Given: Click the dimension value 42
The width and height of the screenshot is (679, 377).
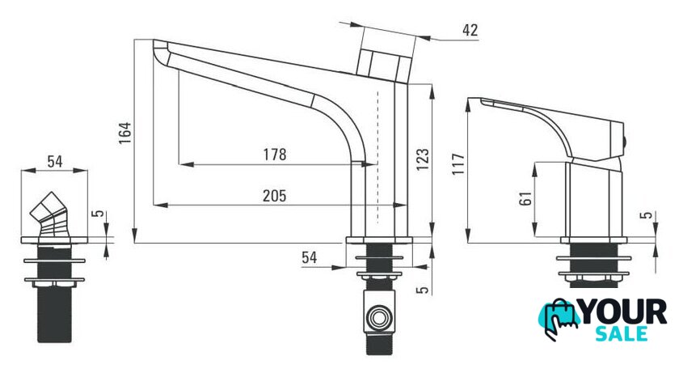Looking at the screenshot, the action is pyautogui.click(x=470, y=30).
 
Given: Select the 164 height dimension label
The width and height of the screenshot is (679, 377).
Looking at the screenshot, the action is pyautogui.click(x=125, y=133).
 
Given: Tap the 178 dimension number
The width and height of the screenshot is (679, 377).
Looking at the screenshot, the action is pyautogui.click(x=275, y=155).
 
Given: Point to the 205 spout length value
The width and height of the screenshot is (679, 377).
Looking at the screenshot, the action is pyautogui.click(x=275, y=196).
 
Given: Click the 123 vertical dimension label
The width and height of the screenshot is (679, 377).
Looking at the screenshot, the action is pyautogui.click(x=423, y=159).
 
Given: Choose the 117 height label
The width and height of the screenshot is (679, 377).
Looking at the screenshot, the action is pyautogui.click(x=458, y=163).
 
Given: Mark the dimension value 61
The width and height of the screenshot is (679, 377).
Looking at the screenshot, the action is pyautogui.click(x=525, y=198).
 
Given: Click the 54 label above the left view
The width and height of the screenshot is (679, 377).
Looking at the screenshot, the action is pyautogui.click(x=55, y=162).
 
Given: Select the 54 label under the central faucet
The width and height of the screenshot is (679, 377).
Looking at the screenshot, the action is pyautogui.click(x=309, y=257).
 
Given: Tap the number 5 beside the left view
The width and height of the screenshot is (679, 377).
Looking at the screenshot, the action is pyautogui.click(x=99, y=214).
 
